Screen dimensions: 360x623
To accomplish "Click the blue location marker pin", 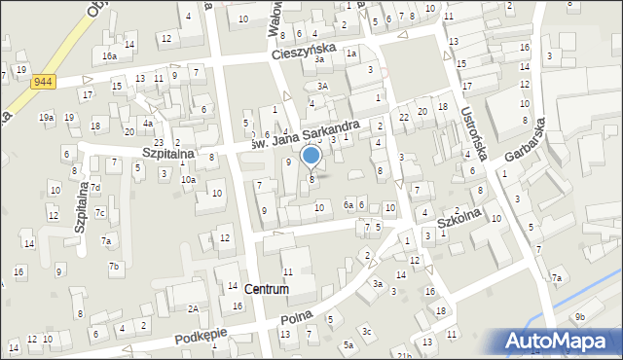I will coord(311,155).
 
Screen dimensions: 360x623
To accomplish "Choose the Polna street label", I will coord(296,318).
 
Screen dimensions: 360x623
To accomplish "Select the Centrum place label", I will coord(267,289).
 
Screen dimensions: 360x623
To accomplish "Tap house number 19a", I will coord(46,117).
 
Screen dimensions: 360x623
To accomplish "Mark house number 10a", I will coord(188,179).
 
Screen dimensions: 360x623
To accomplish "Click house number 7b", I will coord(114,266).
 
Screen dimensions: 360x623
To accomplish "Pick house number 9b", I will coord(580,316).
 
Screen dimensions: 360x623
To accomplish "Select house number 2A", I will coord(193,308).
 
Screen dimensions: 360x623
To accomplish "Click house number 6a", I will coord(348,205).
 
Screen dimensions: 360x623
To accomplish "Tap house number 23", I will coord(158,142).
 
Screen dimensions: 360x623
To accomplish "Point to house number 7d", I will coord(95,187).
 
